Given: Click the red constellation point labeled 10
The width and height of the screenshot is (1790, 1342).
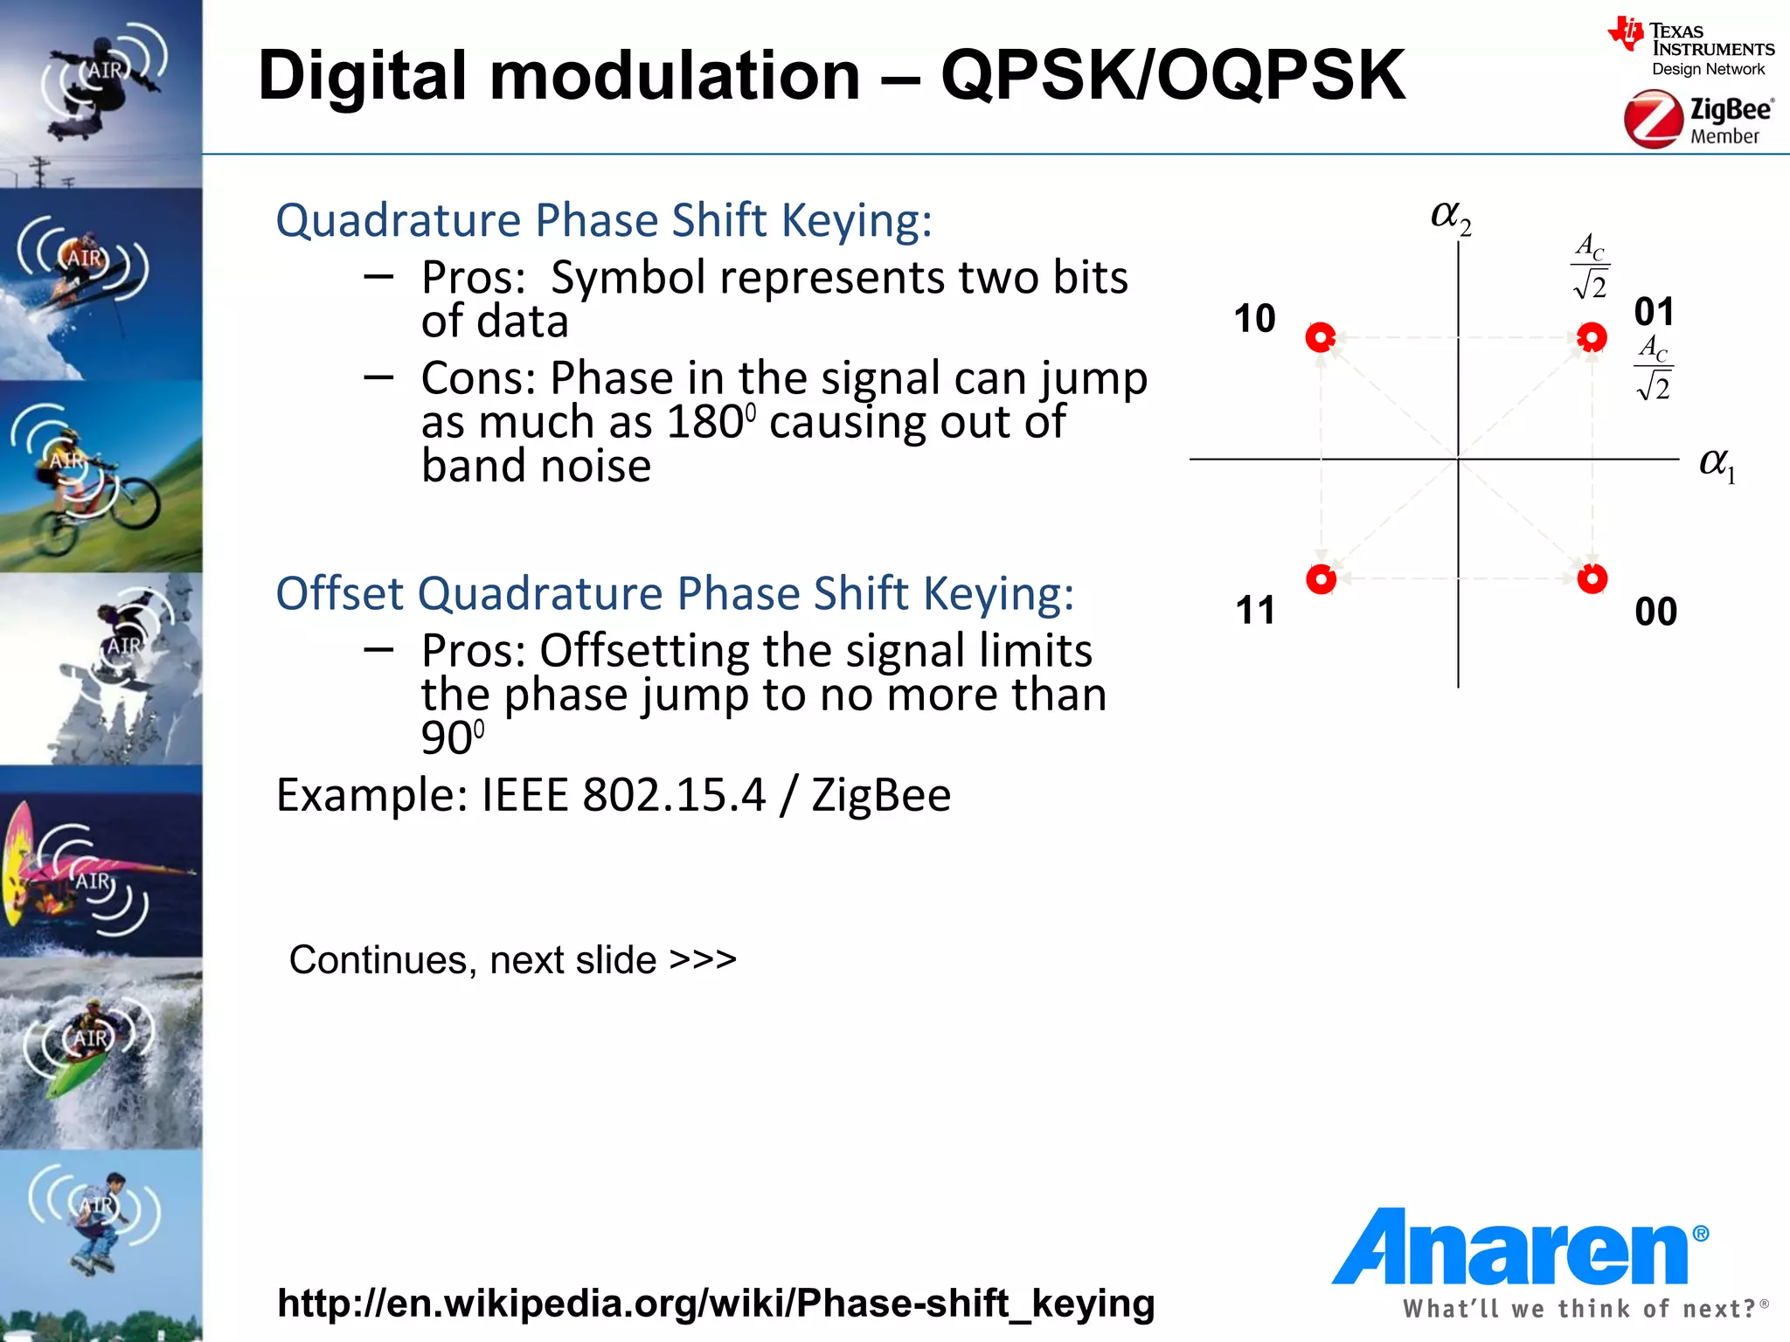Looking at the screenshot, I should pyautogui.click(x=1321, y=337).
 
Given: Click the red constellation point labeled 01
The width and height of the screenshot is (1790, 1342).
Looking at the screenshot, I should pyautogui.click(x=1592, y=337).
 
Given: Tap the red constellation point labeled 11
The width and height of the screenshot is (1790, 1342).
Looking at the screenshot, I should pyautogui.click(x=1321, y=578).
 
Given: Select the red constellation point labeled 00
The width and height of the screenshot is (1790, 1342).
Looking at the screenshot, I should pyautogui.click(x=1592, y=578).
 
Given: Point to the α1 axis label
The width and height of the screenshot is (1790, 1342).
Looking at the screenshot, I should pyautogui.click(x=1717, y=464).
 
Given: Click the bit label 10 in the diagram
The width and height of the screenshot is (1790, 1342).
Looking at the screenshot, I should pyautogui.click(x=1254, y=319).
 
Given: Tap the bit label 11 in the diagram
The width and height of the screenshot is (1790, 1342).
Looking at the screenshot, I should pyautogui.click(x=1255, y=610).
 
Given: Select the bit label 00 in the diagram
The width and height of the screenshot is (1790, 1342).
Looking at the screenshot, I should pyautogui.click(x=1655, y=612).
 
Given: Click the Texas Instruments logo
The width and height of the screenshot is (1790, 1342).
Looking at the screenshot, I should pyautogui.click(x=1690, y=48).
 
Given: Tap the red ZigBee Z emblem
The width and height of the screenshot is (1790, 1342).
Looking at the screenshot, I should pyautogui.click(x=1652, y=121).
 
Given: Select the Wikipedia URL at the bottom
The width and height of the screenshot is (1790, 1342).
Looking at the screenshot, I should pyautogui.click(x=715, y=1303).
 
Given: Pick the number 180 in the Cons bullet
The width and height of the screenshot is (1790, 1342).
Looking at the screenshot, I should pyautogui.click(x=704, y=422).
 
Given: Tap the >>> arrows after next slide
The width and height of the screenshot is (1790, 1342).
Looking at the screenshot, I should pyautogui.click(x=703, y=959).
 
